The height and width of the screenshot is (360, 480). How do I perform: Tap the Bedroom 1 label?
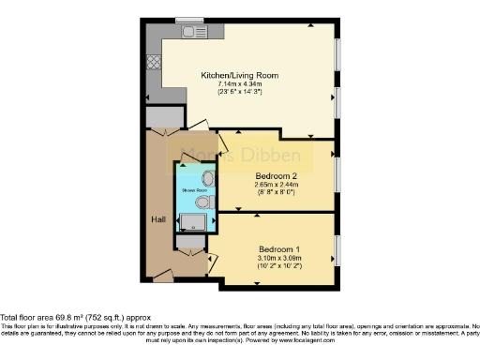[x=279, y=248]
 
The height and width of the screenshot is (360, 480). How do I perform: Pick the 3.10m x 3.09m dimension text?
[x=279, y=258]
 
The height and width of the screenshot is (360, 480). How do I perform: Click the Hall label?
[x=158, y=218]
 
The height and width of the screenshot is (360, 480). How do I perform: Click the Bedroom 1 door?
[x=211, y=258]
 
